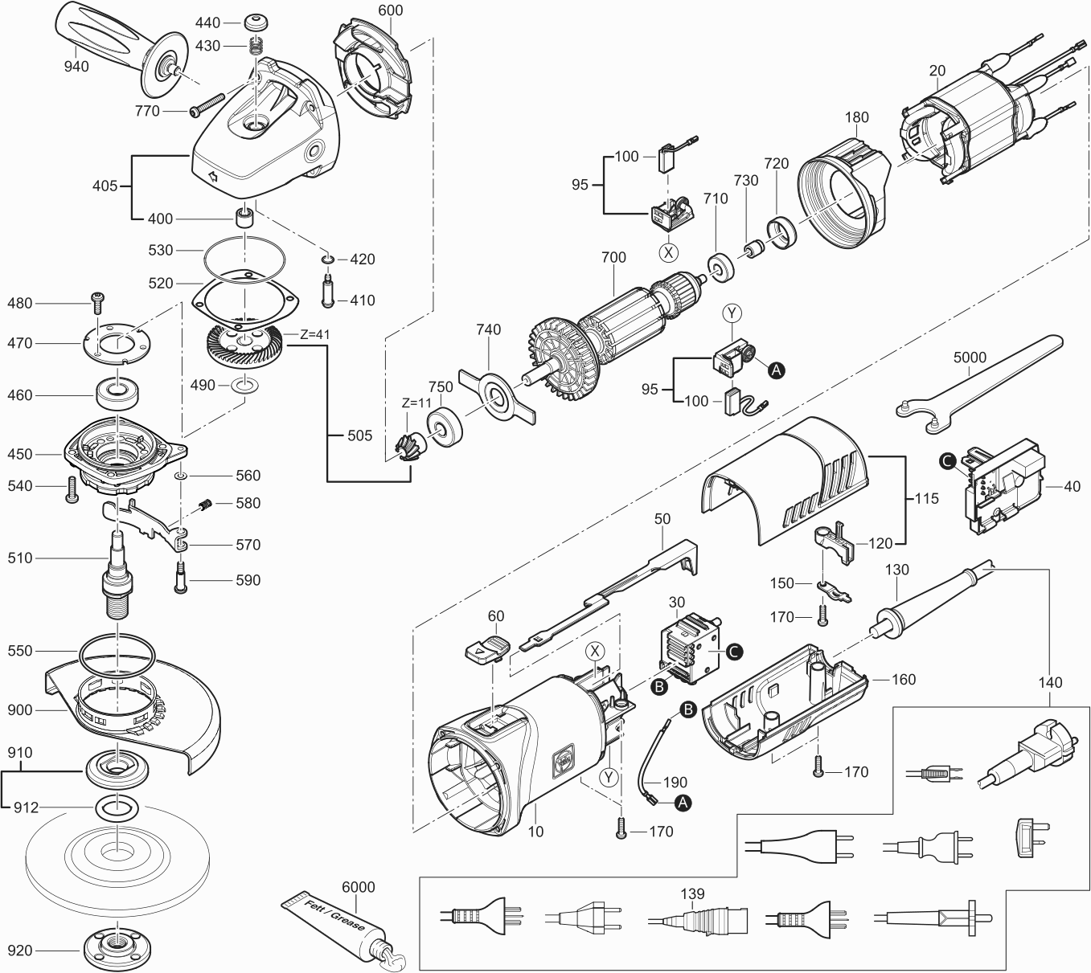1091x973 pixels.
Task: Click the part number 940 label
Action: point(76,67)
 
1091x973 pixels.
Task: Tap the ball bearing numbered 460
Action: point(118,395)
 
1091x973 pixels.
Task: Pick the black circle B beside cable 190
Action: point(688,709)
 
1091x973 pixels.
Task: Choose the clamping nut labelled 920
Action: point(117,951)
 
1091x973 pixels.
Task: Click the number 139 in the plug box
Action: point(692,893)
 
